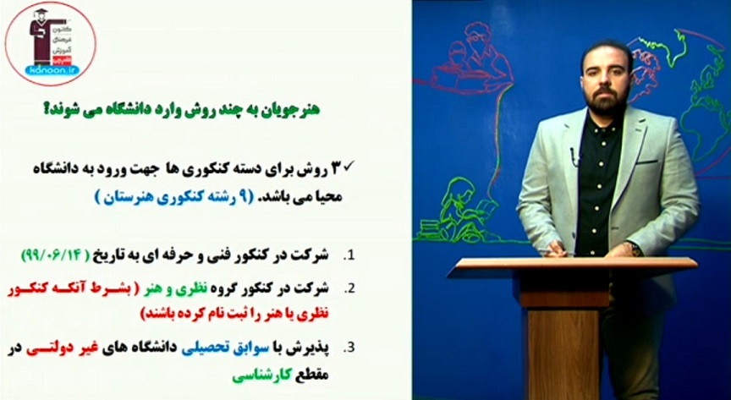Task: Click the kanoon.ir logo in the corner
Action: pyautogui.click(x=50, y=41)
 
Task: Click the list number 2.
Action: pyautogui.click(x=348, y=286)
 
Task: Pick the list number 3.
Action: pyautogui.click(x=348, y=347)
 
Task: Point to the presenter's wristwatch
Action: pyautogui.click(x=632, y=249)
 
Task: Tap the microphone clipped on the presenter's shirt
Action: pyautogui.click(x=575, y=156)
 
